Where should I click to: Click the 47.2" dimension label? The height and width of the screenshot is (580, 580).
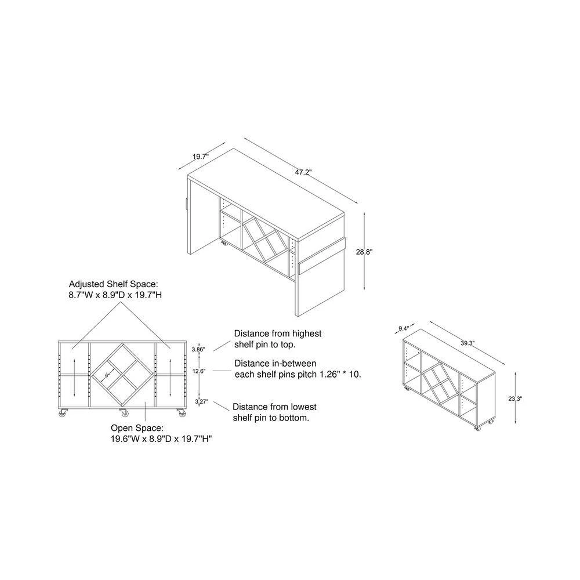point(303,172)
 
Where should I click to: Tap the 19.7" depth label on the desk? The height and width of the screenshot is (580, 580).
point(201,157)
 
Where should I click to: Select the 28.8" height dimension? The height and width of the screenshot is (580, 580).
point(364,252)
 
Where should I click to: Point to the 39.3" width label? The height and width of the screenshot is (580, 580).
point(467,343)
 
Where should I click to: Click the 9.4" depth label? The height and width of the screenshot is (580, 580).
point(404,328)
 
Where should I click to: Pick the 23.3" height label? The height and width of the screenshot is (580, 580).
point(515,399)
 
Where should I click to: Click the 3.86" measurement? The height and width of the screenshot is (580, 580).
point(198,349)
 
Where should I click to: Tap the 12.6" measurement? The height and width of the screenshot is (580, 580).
point(199,371)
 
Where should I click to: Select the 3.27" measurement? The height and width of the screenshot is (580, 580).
point(202,401)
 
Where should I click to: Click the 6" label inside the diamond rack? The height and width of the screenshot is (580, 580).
point(107,375)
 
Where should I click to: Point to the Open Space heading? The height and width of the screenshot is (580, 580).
point(137,428)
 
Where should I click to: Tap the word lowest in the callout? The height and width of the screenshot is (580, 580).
point(303,407)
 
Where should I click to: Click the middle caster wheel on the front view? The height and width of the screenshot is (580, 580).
point(124,413)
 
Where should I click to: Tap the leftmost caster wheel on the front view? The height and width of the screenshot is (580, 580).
point(63,413)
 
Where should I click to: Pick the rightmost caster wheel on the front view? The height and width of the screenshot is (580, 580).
point(182,413)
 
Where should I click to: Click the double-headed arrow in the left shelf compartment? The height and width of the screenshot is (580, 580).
point(74,378)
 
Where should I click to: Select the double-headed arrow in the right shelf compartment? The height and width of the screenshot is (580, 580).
point(170,378)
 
